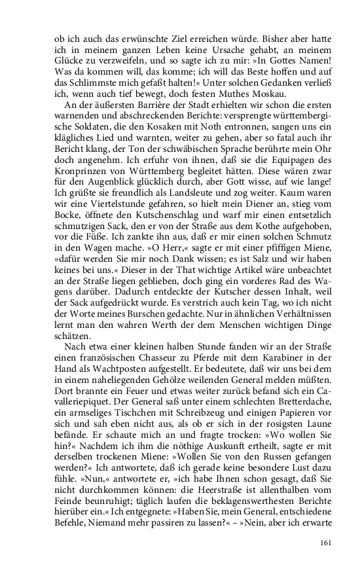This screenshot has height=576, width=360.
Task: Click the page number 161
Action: point(327,541)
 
